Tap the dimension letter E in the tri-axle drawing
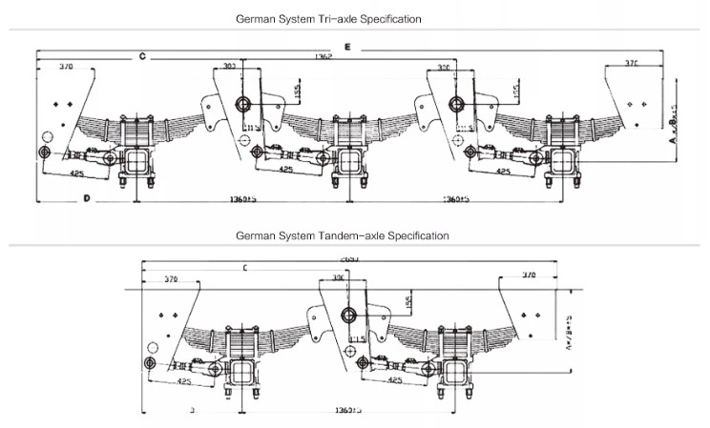[x=348, y=46]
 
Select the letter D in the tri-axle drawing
[x=86, y=198]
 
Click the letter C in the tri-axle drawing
[x=141, y=57]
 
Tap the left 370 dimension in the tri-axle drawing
[x=66, y=68]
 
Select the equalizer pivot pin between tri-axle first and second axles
[x=242, y=104]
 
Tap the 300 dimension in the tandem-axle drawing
[x=338, y=276]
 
